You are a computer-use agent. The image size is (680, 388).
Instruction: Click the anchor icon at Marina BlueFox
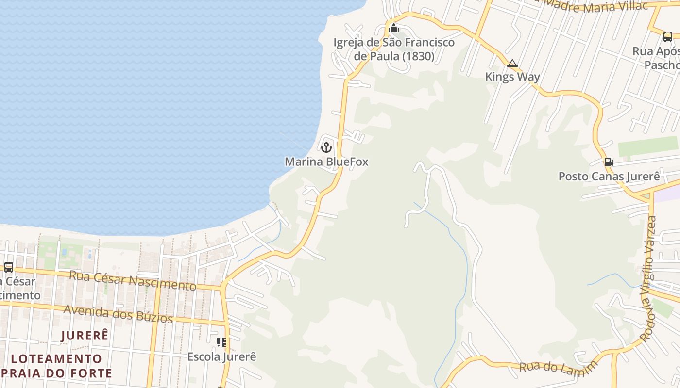click(326, 146)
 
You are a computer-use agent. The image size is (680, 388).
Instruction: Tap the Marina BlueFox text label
click(326, 162)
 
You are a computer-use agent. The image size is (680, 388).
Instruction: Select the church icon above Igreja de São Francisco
click(394, 28)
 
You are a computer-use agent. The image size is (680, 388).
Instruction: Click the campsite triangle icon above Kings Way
click(512, 64)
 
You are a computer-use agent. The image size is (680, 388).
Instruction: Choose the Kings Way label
click(512, 77)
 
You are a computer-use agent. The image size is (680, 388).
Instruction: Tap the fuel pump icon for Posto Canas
click(609, 162)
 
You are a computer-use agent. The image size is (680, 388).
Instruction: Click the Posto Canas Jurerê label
click(609, 176)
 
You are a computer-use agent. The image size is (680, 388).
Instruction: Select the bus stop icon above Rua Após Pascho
click(668, 36)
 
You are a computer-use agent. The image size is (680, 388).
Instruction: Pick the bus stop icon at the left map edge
click(8, 267)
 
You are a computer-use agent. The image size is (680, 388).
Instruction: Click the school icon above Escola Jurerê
click(221, 342)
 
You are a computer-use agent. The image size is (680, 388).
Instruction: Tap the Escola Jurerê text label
click(221, 357)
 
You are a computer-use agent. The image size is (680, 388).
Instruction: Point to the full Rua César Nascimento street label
click(133, 281)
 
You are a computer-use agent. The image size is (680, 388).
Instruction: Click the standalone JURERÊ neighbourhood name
click(85, 335)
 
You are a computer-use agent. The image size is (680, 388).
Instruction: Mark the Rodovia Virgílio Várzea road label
click(648, 279)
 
